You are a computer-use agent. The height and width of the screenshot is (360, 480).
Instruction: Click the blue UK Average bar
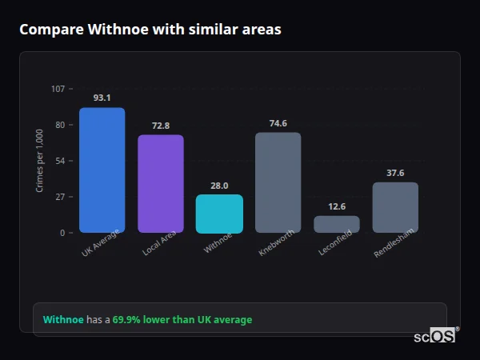pos(102,170)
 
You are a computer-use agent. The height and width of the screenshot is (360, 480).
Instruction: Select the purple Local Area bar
pos(161,183)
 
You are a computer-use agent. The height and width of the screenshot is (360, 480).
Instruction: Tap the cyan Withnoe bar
pos(219,214)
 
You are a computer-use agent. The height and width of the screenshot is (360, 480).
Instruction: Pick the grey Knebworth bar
pos(278,182)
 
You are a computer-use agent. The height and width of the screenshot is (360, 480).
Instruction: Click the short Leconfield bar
pos(337,224)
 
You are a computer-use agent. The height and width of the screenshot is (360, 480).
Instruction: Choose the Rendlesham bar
pos(395,207)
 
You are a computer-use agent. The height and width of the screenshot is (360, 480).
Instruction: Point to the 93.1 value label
pos(102,98)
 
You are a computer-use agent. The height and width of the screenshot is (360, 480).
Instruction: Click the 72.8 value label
pos(161,126)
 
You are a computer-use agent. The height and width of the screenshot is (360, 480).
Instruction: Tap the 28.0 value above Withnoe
pos(219,186)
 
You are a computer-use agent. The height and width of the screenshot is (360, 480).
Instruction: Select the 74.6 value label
pos(278,123)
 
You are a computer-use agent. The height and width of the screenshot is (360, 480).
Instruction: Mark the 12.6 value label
pos(337,206)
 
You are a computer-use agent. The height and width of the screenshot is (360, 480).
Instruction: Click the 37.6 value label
pos(395,173)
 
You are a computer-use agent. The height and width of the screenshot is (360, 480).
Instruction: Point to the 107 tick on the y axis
pos(58,88)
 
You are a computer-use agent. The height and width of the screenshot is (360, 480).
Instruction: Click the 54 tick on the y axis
pos(60,161)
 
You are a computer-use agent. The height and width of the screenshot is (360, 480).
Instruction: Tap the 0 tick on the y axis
pos(62,233)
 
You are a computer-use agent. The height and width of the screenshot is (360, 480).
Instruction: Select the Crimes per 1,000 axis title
pos(40,161)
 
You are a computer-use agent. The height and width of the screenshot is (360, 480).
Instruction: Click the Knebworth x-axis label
pos(277,243)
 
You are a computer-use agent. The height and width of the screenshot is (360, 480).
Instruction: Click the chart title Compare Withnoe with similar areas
pos(150,30)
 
